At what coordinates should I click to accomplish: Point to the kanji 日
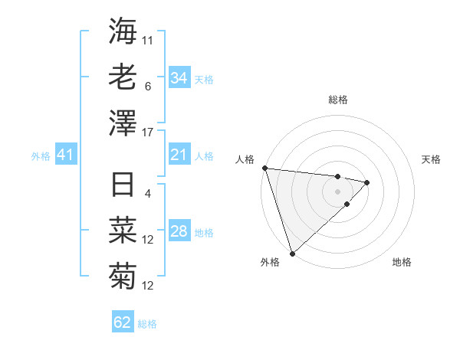123,185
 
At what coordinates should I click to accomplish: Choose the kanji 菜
123,230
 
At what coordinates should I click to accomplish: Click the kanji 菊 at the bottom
123,274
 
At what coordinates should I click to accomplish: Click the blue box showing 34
179,78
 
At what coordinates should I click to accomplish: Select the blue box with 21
179,155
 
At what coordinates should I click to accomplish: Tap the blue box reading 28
179,232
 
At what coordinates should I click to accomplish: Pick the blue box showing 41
65,155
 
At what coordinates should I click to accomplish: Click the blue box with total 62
123,322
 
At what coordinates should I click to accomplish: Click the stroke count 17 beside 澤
148,133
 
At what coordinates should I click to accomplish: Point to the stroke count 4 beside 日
148,193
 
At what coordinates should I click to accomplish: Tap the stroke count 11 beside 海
148,40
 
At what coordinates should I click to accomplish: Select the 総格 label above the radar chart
337,100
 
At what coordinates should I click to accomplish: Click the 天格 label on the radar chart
432,159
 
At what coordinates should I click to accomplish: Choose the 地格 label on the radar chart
402,262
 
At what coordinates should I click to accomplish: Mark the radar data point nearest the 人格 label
264,168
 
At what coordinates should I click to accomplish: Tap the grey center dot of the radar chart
337,191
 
